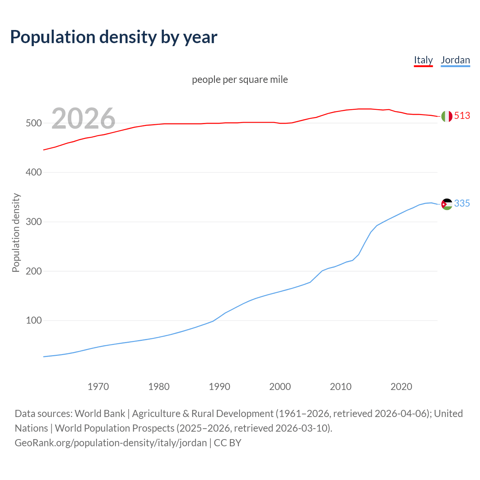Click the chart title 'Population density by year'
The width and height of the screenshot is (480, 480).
click(114, 37)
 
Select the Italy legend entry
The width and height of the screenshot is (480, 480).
click(423, 60)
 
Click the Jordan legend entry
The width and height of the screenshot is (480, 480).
click(455, 60)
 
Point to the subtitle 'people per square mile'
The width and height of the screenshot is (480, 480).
click(240, 79)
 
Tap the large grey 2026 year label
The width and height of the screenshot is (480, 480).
click(83, 118)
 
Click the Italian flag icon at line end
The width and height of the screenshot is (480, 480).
click(447, 116)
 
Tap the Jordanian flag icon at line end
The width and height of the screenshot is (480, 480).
click(447, 204)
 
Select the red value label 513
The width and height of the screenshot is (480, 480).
click(462, 115)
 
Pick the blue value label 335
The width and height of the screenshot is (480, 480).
click(462, 203)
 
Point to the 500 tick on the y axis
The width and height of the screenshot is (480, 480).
click(33, 123)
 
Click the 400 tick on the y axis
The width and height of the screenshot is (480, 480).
click(33, 172)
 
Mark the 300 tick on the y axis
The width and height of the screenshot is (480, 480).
click(33, 222)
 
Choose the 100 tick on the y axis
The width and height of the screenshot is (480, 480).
click(33, 321)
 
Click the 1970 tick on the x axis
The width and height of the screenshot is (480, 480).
click(98, 387)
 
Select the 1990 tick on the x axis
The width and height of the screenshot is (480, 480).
click(219, 387)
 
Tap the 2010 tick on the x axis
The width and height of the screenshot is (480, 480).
click(340, 387)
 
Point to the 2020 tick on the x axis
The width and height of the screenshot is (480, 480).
click(401, 387)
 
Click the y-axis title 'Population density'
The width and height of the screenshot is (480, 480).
click(16, 232)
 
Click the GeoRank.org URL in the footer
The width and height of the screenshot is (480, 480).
click(111, 443)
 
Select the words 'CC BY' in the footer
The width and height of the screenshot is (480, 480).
click(228, 443)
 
